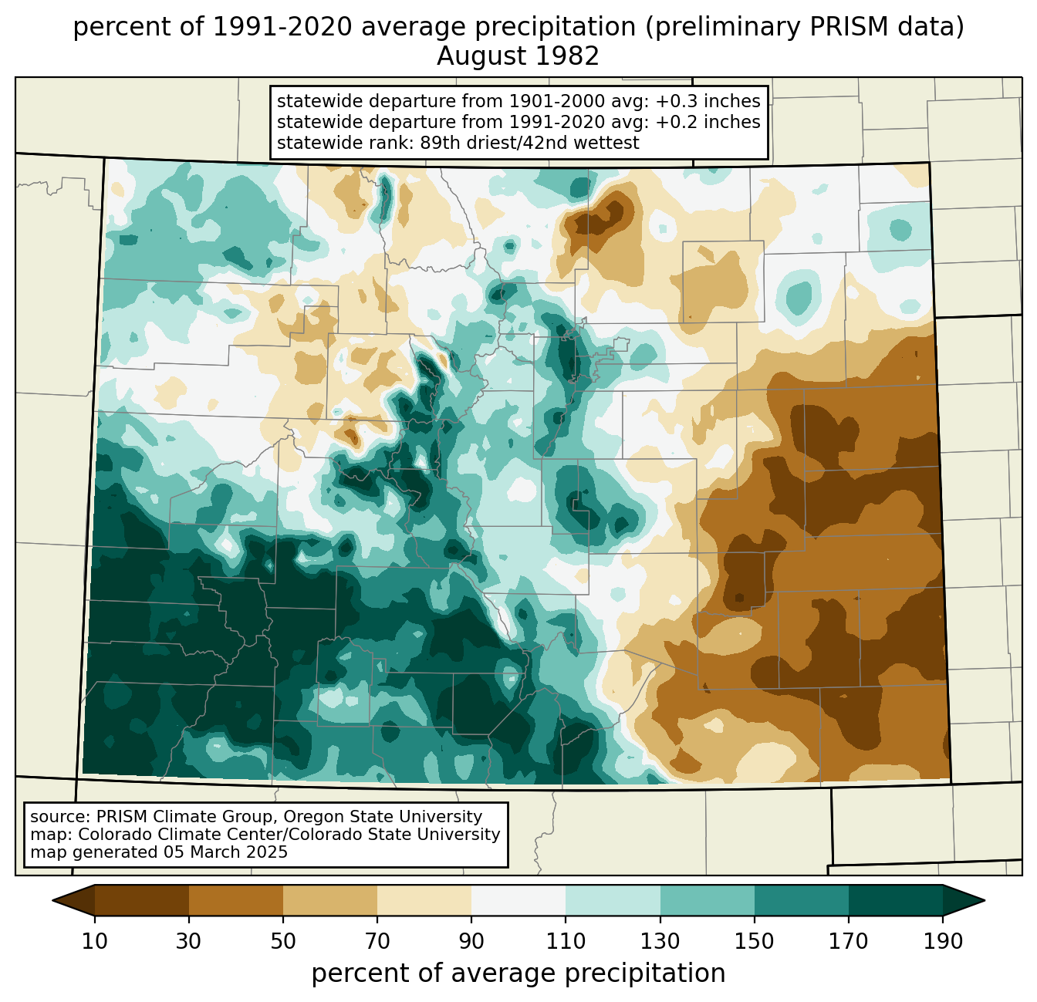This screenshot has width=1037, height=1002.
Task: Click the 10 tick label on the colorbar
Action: (95, 941)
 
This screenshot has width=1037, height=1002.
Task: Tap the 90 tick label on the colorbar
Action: (471, 941)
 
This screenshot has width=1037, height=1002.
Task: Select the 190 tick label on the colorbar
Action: (943, 941)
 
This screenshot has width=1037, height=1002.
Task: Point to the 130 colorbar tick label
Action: (660, 941)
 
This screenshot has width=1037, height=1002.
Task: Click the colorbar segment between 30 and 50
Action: (236, 900)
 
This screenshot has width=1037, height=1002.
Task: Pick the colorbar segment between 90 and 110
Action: (518, 900)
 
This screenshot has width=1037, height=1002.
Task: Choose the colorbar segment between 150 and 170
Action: (802, 900)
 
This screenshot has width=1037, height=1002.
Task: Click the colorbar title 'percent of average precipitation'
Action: (518, 973)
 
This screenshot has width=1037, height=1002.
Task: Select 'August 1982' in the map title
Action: (518, 56)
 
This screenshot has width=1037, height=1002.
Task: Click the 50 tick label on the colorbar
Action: (283, 941)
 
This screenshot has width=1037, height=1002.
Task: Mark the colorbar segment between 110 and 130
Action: (613, 900)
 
